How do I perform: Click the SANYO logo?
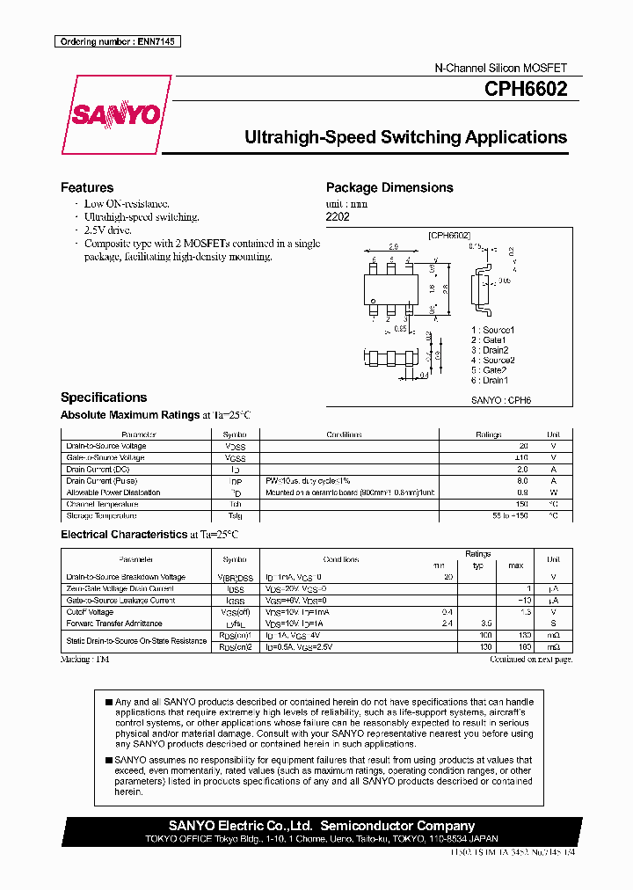(115, 115)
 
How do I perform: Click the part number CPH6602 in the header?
(525, 89)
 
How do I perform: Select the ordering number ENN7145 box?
(118, 41)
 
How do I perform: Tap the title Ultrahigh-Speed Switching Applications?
(404, 137)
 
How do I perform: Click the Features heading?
(87, 187)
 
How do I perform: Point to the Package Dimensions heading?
(389, 187)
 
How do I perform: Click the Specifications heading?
(104, 397)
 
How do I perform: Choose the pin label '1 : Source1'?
(492, 329)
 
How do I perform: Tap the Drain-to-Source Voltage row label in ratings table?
(106, 446)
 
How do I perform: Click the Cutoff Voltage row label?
(90, 612)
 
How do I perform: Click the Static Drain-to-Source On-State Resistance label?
(136, 641)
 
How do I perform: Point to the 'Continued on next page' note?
(530, 659)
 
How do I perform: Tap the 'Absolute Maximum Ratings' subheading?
(130, 414)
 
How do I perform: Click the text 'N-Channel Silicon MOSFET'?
(501, 68)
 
